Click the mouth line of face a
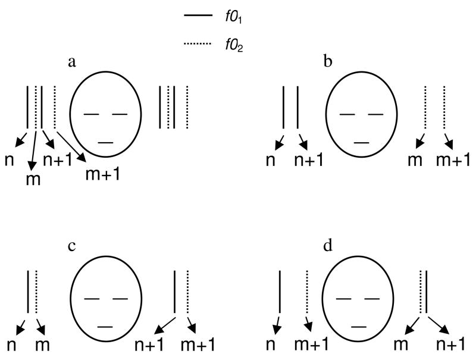pyautogui.click(x=105, y=142)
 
